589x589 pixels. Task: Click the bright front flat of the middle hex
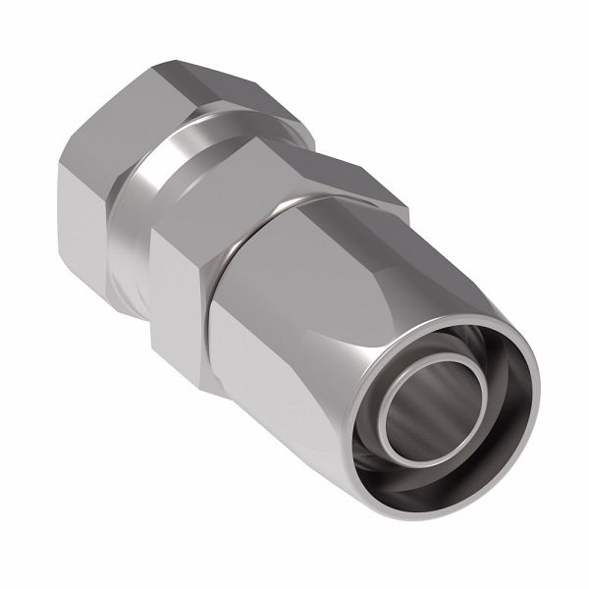(177, 294)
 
